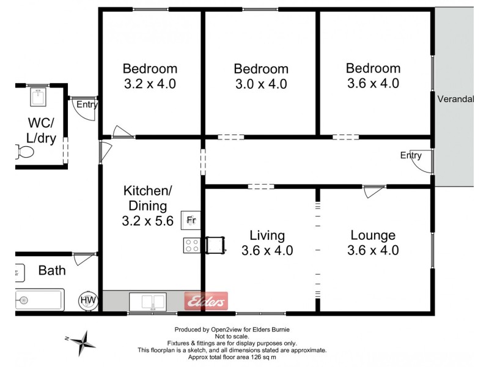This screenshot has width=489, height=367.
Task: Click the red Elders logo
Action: tap(206, 300)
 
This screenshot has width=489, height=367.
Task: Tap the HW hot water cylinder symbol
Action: tap(87, 300)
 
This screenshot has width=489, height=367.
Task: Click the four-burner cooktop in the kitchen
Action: tap(191, 245)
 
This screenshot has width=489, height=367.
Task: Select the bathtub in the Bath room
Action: tap(38, 300)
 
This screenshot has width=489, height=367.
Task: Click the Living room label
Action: tap(267, 235)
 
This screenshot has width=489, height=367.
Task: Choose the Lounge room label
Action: tap(373, 235)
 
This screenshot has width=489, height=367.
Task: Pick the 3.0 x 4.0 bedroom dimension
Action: tap(261, 84)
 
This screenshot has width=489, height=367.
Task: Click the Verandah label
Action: tap(455, 98)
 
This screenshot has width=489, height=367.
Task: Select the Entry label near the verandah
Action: tap(411, 155)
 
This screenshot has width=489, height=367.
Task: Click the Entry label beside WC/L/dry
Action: tap(87, 105)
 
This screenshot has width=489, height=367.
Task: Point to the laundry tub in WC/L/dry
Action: tap(39, 97)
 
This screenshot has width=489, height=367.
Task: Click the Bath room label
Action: tap(52, 270)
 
